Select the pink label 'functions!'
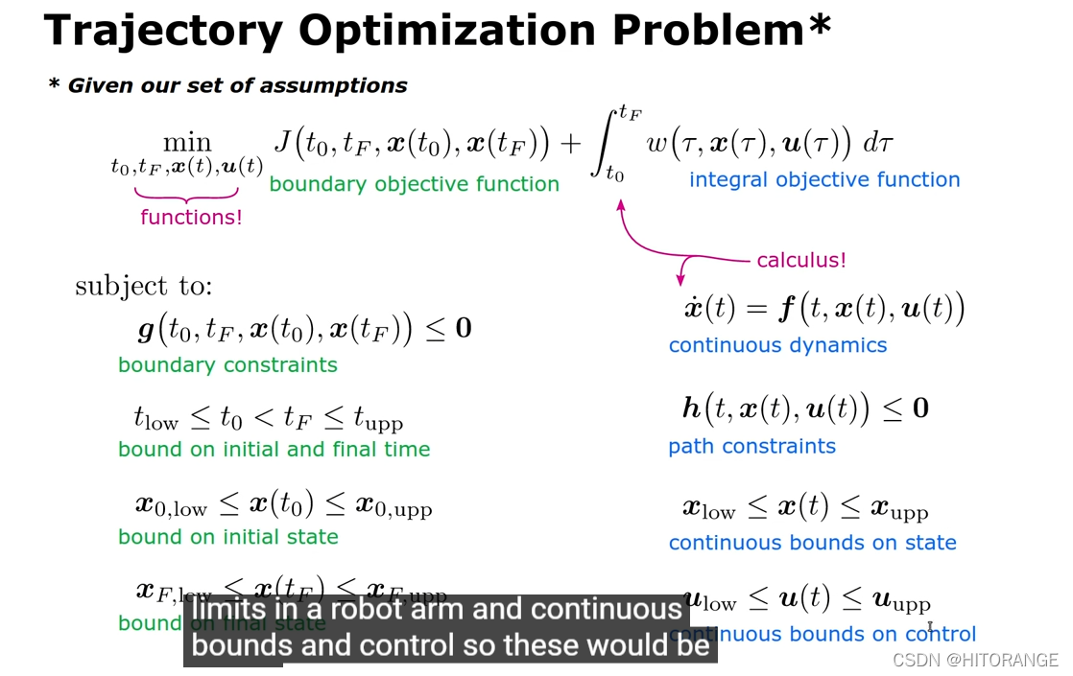point(191,218)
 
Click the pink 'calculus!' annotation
point(801,260)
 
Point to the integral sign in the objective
point(612,144)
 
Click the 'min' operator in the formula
point(187,143)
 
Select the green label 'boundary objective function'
point(414,184)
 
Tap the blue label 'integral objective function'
point(823,179)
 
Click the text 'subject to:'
point(144,286)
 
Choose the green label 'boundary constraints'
point(227,365)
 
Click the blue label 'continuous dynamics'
point(777,345)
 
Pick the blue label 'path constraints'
point(751,446)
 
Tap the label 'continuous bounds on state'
point(812,543)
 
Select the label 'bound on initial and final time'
point(274,450)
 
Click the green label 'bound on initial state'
point(227,537)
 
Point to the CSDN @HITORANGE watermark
point(974,660)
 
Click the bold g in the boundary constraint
point(146,330)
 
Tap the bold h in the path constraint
point(691,408)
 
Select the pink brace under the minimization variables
point(191,191)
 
